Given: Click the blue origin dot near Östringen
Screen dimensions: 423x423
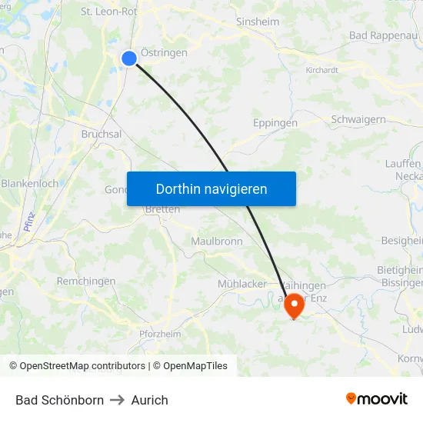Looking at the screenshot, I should click(129, 58).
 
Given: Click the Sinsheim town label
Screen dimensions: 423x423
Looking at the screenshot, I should click(258, 22).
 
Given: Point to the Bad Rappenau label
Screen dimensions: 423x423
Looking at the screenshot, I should click(385, 35).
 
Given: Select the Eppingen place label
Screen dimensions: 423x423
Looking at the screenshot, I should click(275, 122).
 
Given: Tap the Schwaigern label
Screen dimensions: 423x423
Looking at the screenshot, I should click(358, 119).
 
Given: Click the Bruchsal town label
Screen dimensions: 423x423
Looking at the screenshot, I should click(102, 134).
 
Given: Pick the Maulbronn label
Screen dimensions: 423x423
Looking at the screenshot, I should click(217, 241).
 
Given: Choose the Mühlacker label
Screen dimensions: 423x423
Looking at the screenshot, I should click(241, 284).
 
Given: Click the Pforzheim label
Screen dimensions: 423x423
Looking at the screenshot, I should click(160, 334).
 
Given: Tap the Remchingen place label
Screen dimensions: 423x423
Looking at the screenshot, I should click(86, 281).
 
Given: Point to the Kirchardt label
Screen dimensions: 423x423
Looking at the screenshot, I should click(321, 70).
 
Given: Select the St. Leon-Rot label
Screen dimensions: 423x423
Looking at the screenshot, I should click(108, 12).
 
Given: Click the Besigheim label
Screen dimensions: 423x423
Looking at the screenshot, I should click(401, 241).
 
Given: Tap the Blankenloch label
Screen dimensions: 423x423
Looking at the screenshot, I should click(29, 184).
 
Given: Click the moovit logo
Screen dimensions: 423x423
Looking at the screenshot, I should click(377, 398).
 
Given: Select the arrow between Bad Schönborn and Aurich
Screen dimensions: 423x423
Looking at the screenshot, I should click(118, 400).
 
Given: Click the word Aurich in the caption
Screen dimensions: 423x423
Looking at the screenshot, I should click(149, 400).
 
